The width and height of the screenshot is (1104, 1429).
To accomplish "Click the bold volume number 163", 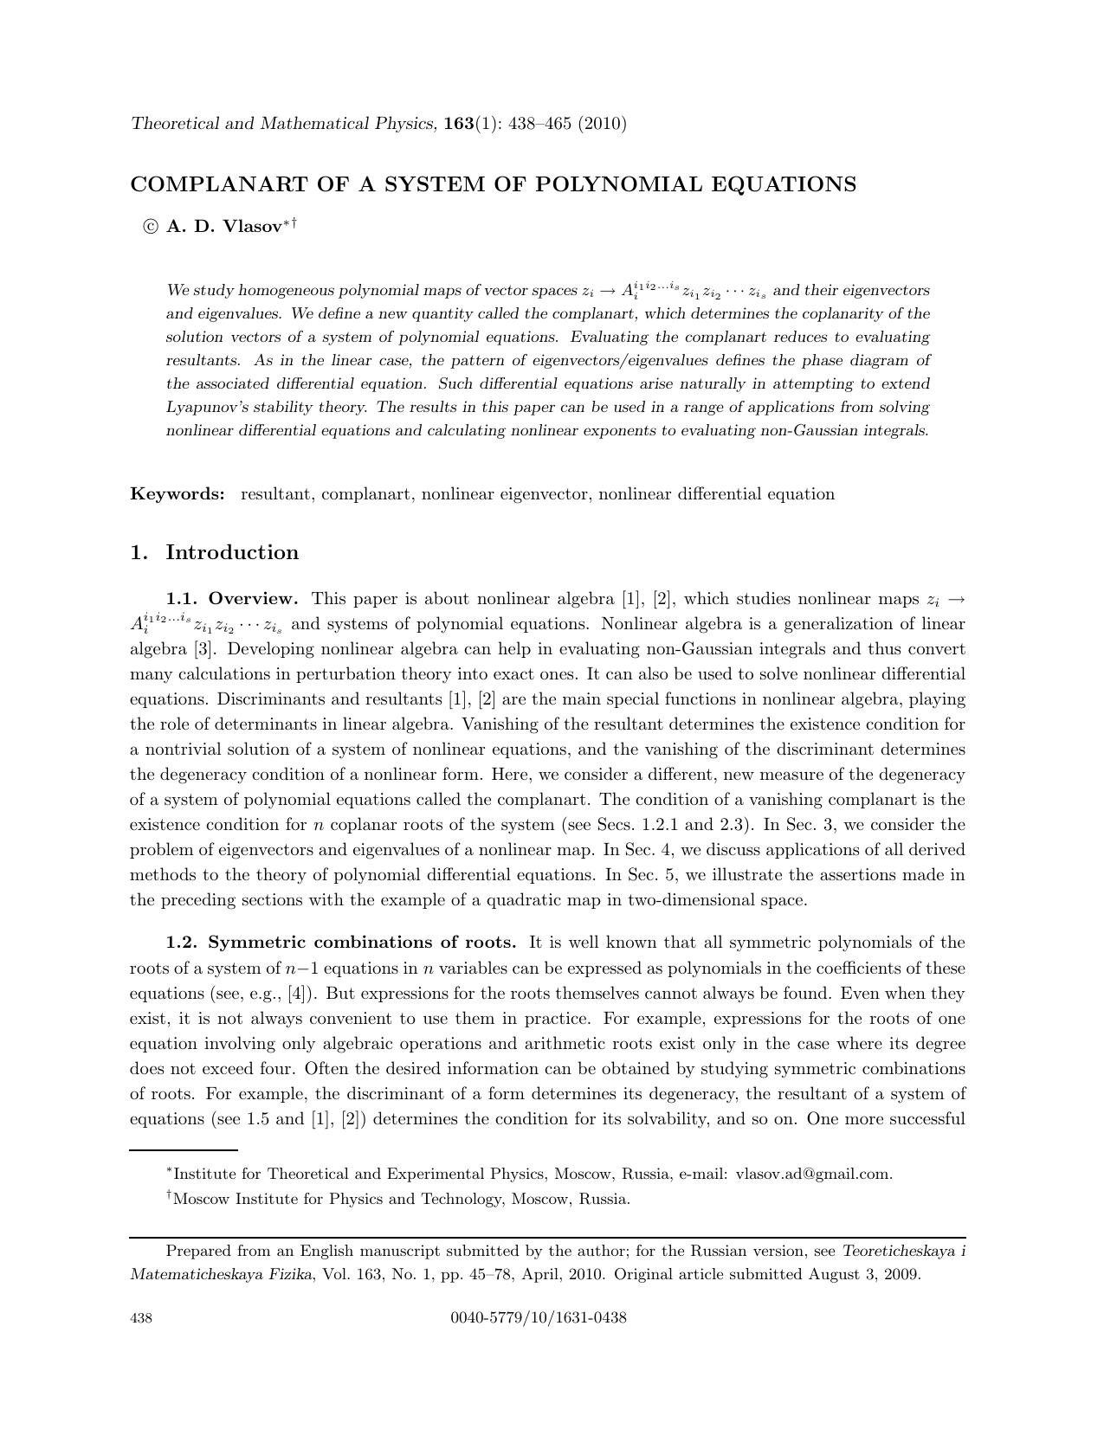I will [458, 123].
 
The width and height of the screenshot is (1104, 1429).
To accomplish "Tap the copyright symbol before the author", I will [151, 227].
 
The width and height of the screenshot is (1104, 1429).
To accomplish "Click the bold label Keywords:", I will [178, 494].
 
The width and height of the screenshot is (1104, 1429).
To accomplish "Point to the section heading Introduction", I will [232, 552].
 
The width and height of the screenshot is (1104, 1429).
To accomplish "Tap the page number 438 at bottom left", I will [141, 1318].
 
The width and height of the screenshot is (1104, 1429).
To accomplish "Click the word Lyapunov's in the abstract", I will [202, 407].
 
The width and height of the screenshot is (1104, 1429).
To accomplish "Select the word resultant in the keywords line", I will [275, 494].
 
